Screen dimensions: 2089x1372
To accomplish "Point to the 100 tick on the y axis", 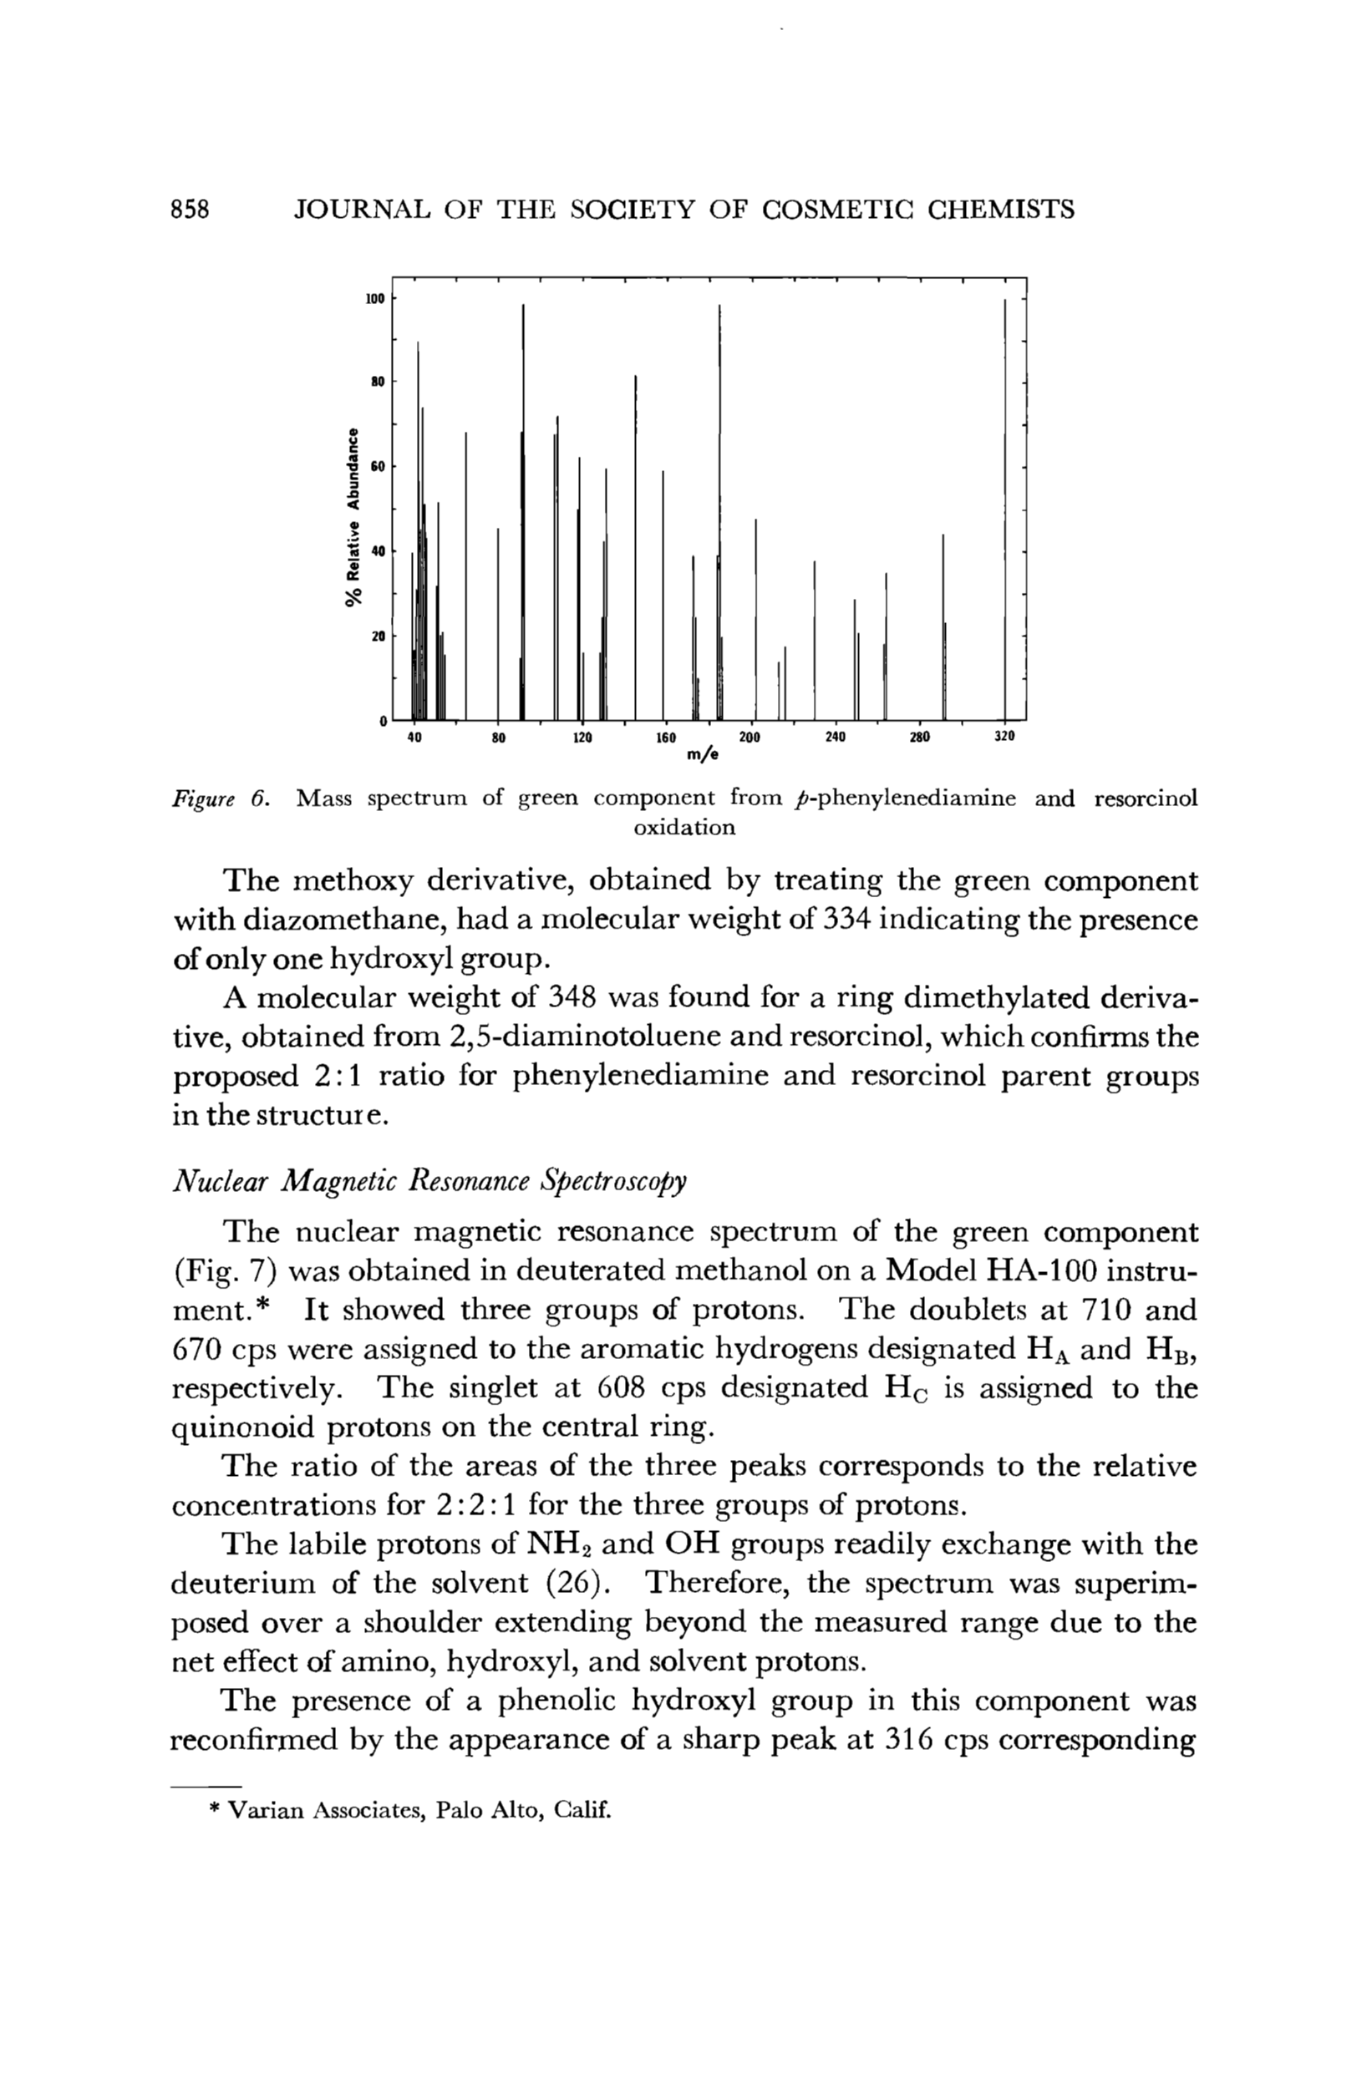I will (375, 299).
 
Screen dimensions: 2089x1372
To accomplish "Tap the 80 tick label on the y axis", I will (377, 383).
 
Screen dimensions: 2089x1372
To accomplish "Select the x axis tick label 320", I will (1004, 738).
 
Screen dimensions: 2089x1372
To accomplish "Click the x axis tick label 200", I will (749, 738).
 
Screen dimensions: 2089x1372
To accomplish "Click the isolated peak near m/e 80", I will (498, 623).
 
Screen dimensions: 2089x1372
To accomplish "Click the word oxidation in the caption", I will (683, 828).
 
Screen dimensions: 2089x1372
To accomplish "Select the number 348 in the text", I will (573, 998).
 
